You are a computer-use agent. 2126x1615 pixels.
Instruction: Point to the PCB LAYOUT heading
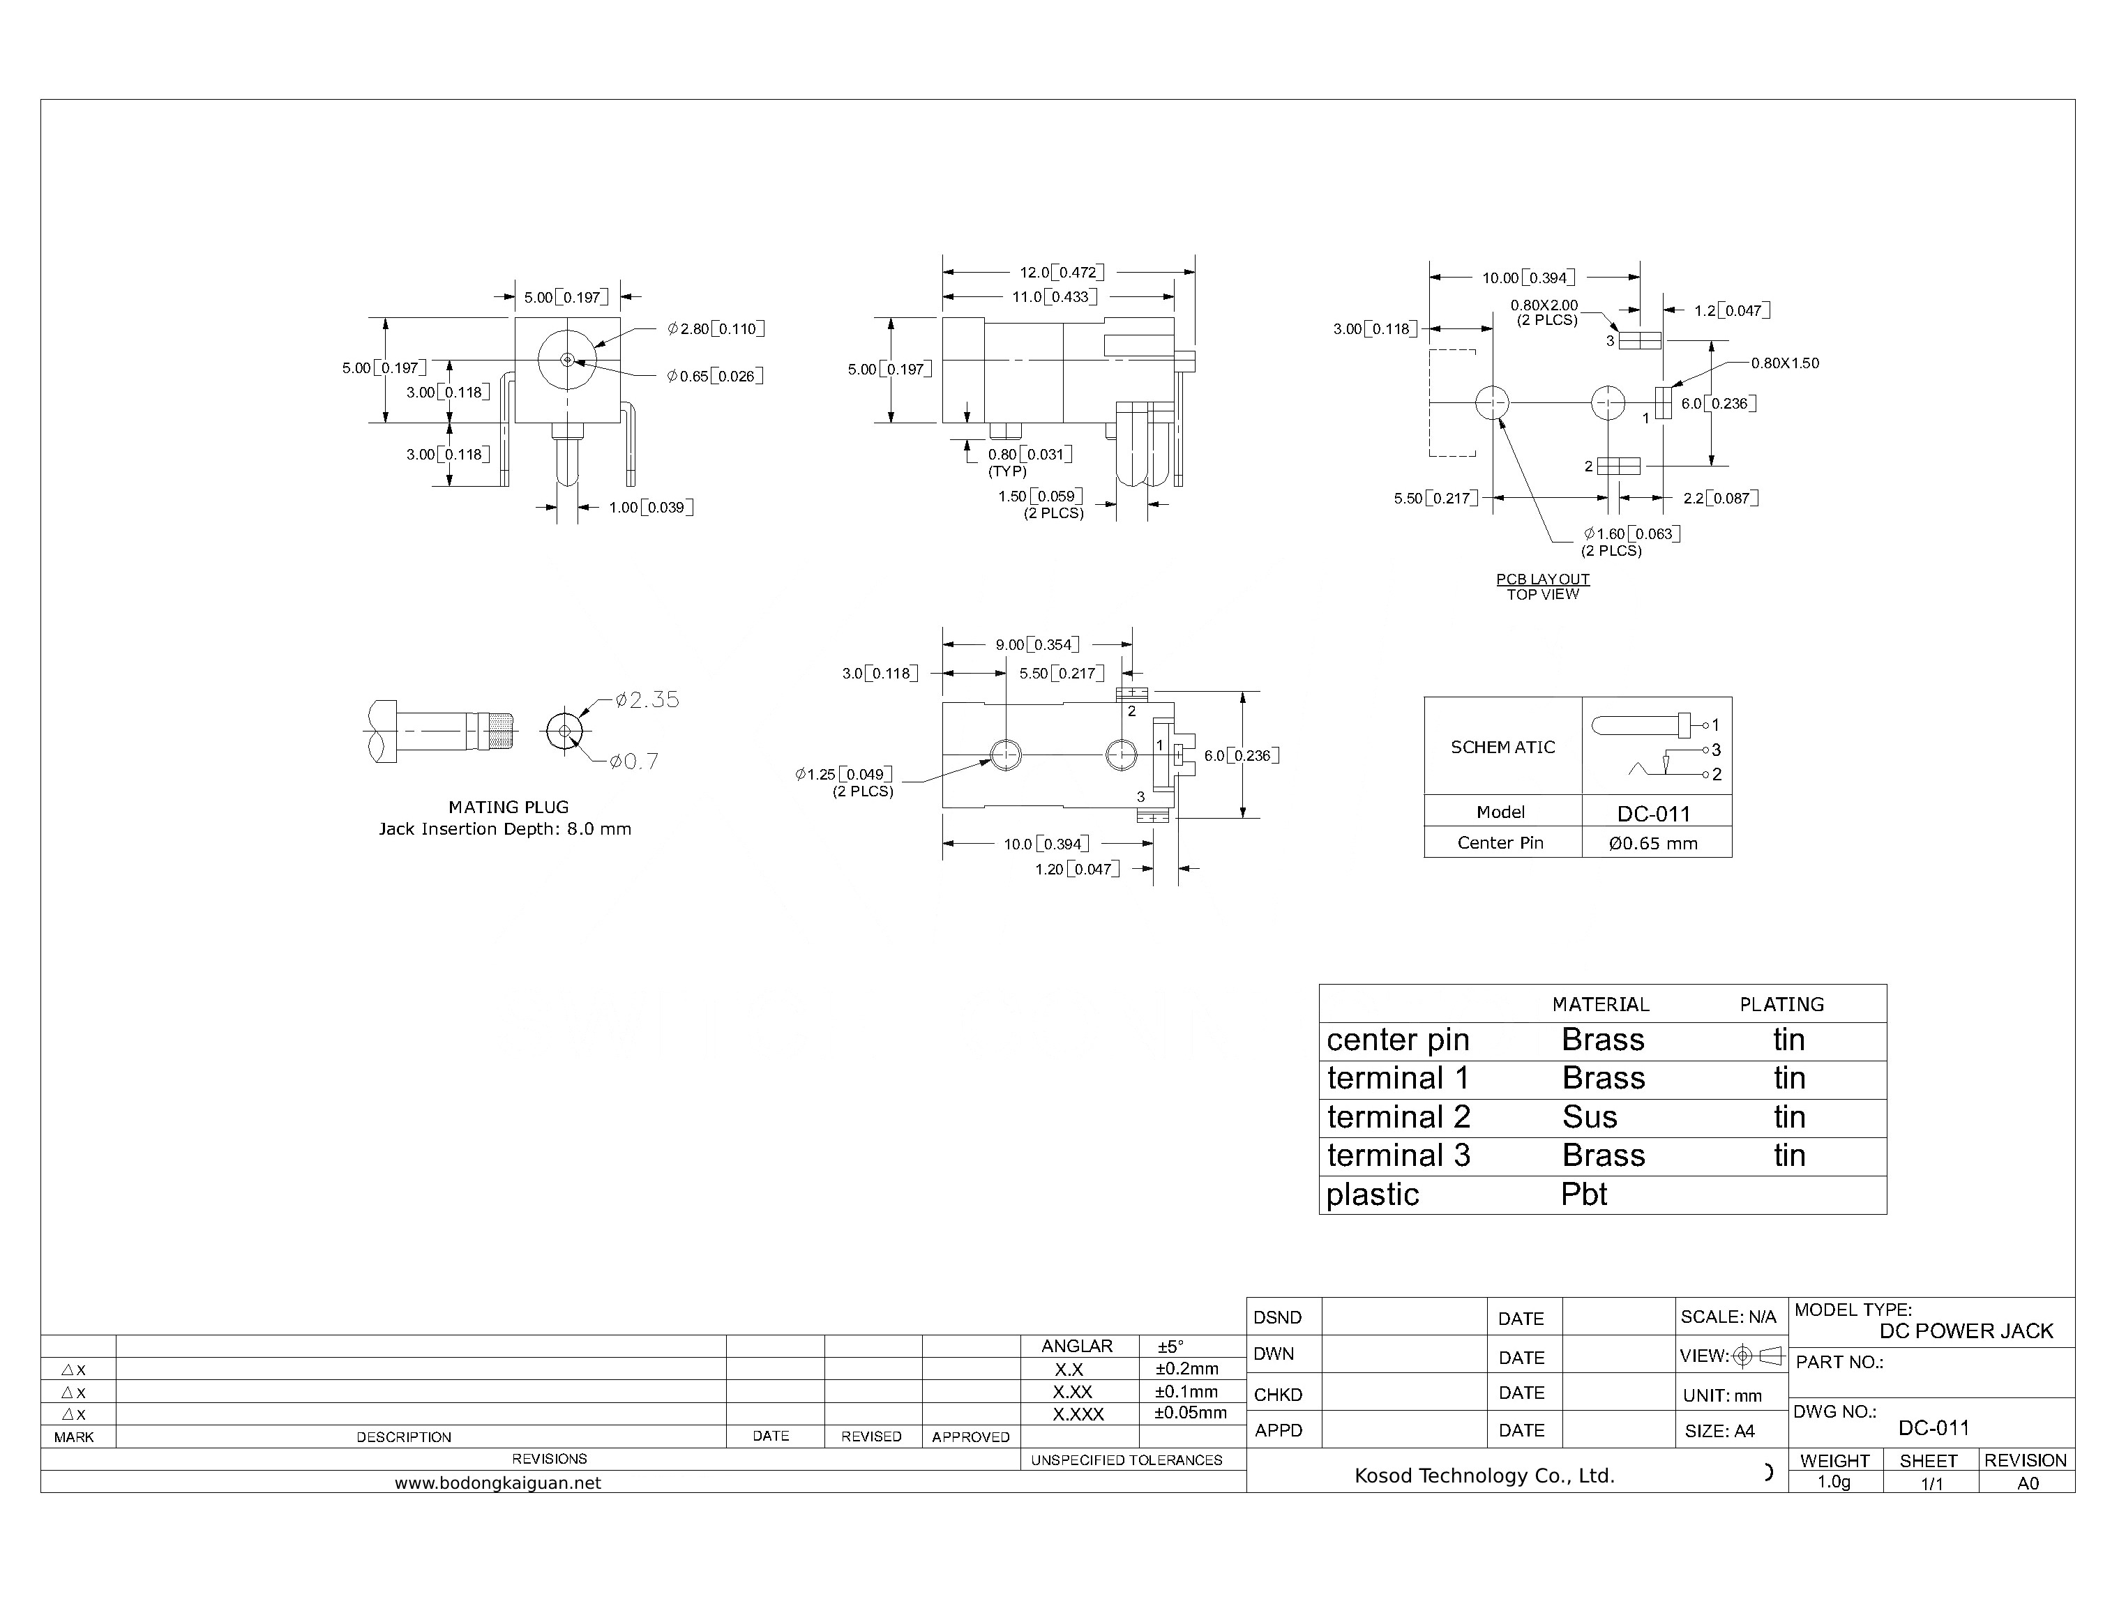pyautogui.click(x=1542, y=579)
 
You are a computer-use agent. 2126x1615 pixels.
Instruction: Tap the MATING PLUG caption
pyautogui.click(x=508, y=807)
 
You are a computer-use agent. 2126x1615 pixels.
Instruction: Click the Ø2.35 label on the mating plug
pyautogui.click(x=647, y=701)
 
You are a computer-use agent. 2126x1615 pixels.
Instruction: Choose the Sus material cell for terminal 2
pyautogui.click(x=1590, y=1118)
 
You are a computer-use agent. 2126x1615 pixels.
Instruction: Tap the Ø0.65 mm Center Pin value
pyautogui.click(x=1653, y=844)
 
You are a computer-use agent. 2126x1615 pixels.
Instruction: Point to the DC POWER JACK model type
pyautogui.click(x=1966, y=1331)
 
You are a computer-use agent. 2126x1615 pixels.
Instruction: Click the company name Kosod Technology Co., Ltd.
pyautogui.click(x=1484, y=1476)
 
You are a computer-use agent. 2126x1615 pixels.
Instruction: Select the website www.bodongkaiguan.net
pyautogui.click(x=498, y=1483)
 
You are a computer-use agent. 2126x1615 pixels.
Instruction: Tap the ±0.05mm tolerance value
pyautogui.click(x=1191, y=1413)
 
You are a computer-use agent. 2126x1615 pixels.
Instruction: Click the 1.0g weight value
pyautogui.click(x=1834, y=1483)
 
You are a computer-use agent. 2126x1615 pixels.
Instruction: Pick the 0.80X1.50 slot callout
pyautogui.click(x=1785, y=364)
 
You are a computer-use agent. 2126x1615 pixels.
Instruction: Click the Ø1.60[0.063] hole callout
pyautogui.click(x=1631, y=534)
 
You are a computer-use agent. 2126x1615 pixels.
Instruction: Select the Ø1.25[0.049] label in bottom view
pyautogui.click(x=844, y=775)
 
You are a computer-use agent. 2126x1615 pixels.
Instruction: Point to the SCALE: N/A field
pyautogui.click(x=1728, y=1317)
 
